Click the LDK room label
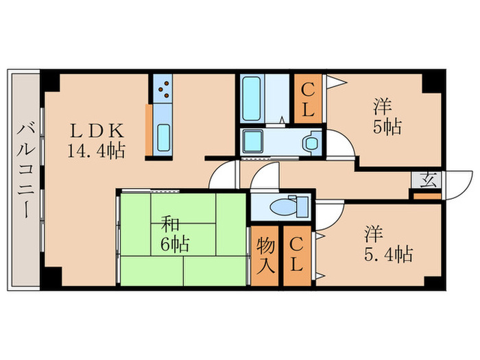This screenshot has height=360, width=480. click(96, 130)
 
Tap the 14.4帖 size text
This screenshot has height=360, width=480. click(96, 151)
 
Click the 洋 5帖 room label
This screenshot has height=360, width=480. click(387, 117)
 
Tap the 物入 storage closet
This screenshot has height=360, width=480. click(266, 254)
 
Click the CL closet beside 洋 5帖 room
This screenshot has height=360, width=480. click(307, 99)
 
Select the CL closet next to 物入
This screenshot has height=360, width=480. click(296, 254)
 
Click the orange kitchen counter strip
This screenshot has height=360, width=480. click(148, 130)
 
